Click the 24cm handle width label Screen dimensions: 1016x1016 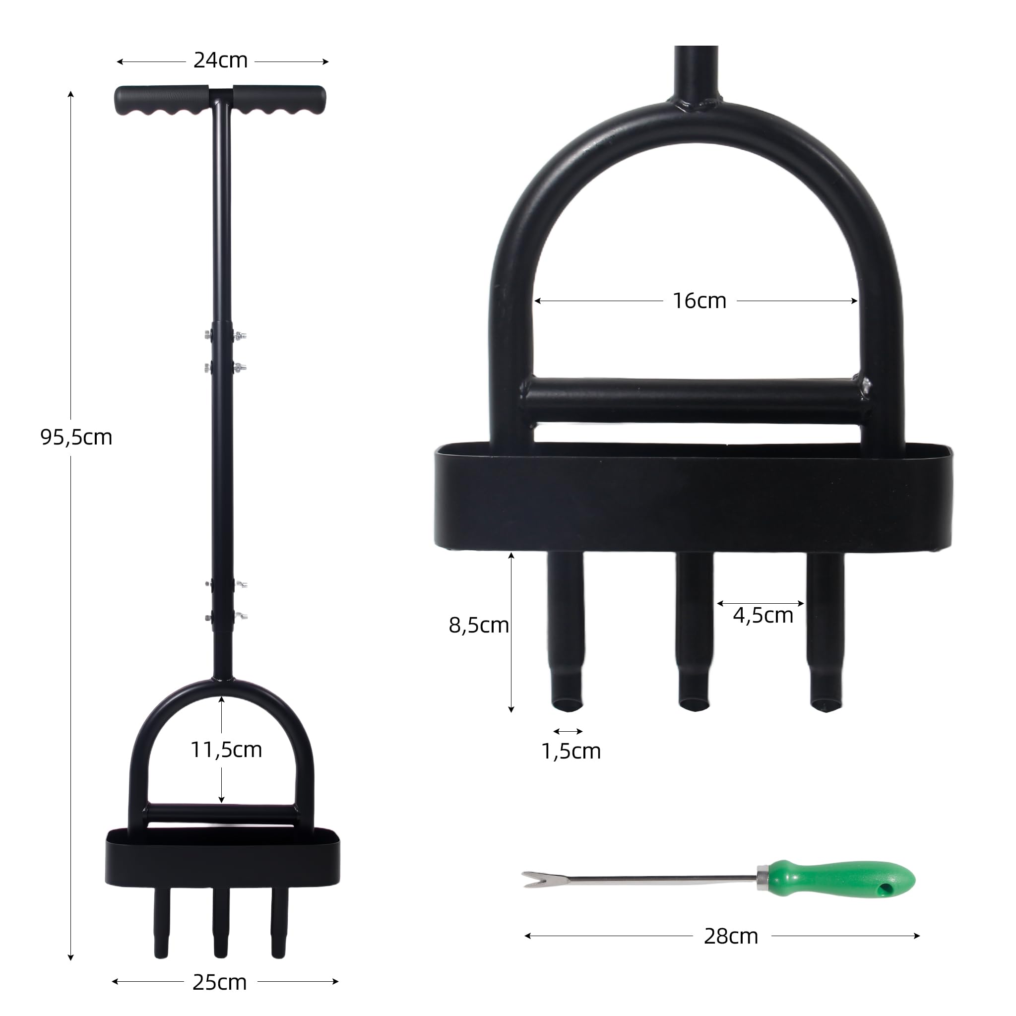pyautogui.click(x=220, y=61)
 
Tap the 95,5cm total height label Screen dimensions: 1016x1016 pyautogui.click(x=76, y=437)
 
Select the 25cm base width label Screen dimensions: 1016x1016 pyautogui.click(x=219, y=982)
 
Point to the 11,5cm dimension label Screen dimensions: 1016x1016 pyautogui.click(x=226, y=750)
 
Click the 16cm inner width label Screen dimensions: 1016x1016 pyautogui.click(x=699, y=301)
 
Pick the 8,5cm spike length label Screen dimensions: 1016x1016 pyautogui.click(x=479, y=625)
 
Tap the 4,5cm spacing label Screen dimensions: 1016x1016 pyautogui.click(x=763, y=615)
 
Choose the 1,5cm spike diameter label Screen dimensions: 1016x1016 pyautogui.click(x=571, y=751)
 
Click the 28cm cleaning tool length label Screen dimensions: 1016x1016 pyautogui.click(x=731, y=937)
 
